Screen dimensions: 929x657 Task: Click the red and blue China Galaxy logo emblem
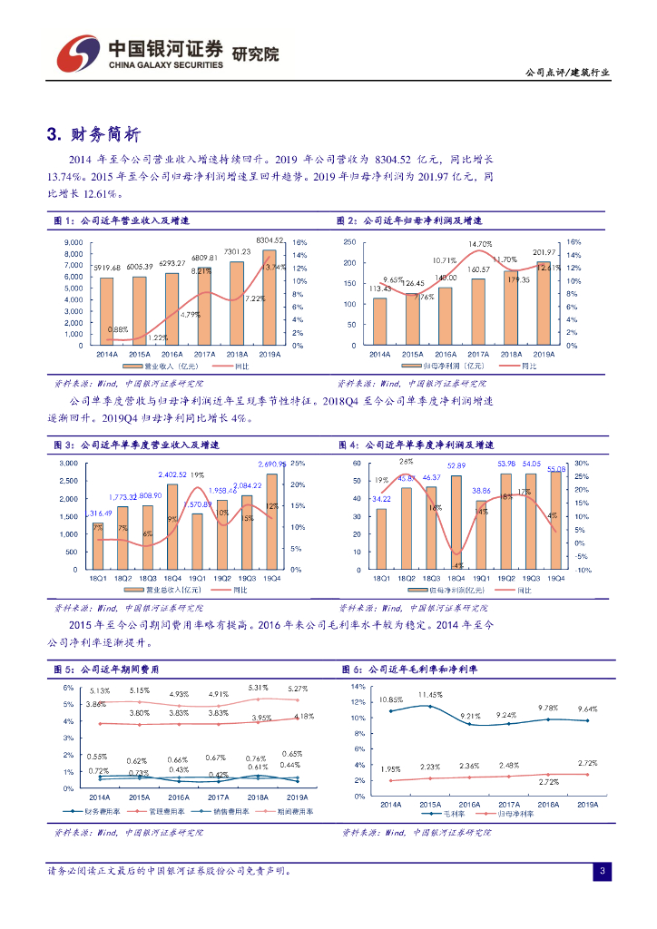[x=75, y=54]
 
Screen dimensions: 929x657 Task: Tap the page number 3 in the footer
[x=602, y=872]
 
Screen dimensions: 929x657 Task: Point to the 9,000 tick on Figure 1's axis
[x=74, y=243]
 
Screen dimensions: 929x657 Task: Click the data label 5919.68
[x=106, y=268]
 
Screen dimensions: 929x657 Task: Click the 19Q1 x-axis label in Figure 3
[x=196, y=577]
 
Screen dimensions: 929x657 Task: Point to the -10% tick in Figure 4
[x=583, y=570]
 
